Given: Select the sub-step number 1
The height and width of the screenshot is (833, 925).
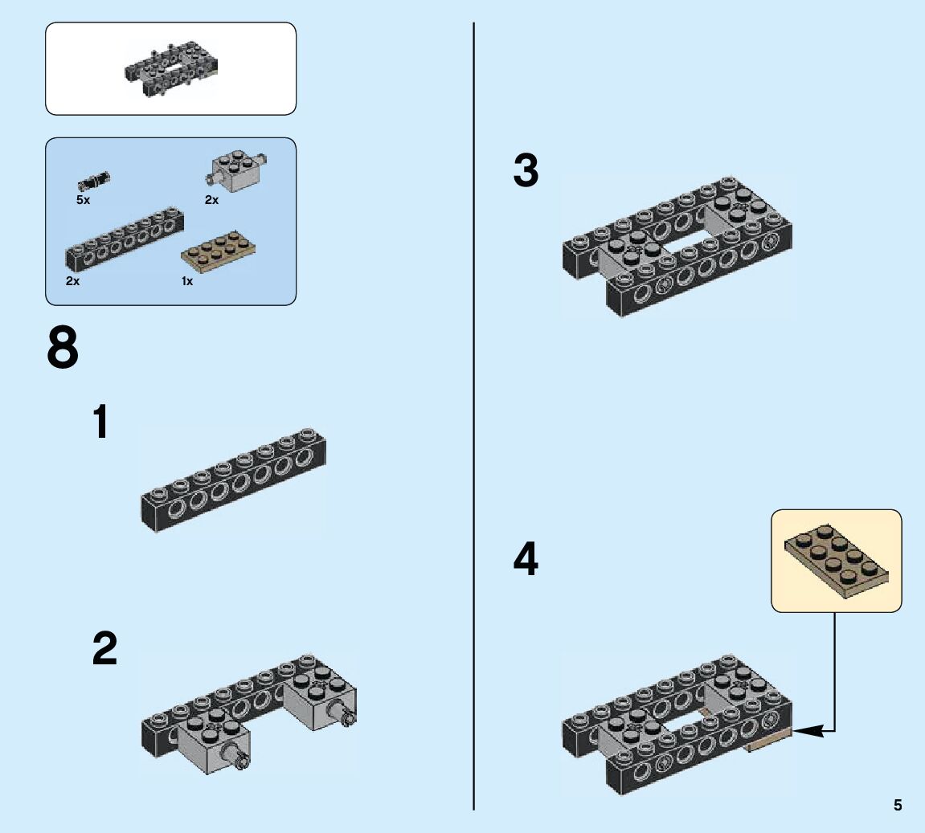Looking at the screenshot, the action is [x=101, y=423].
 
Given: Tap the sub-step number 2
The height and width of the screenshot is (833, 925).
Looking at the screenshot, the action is [x=104, y=649].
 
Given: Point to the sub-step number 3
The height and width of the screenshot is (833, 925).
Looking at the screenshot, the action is [x=526, y=173].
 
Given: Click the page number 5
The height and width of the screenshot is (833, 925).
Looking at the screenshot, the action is [x=897, y=805].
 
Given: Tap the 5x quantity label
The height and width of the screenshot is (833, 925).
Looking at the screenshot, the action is [x=84, y=200].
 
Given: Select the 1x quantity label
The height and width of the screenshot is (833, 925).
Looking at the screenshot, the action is [x=186, y=281].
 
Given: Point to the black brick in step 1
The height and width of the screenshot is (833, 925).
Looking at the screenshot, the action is [x=233, y=480].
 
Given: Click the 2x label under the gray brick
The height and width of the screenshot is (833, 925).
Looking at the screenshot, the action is [x=211, y=200].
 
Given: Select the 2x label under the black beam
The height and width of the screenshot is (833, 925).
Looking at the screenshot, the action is [x=72, y=281].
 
